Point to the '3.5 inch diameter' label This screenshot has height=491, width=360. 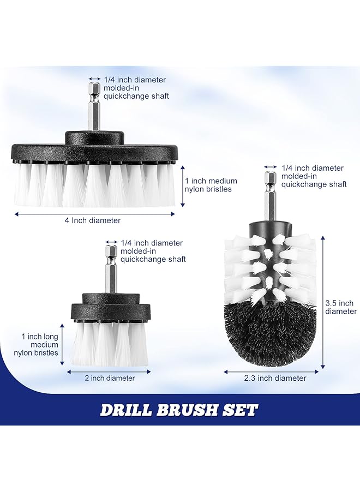pyautogui.click(x=339, y=307)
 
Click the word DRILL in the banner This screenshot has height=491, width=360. pyautogui.click(x=129, y=410)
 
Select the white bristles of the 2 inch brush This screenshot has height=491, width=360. pyautogui.click(x=109, y=344)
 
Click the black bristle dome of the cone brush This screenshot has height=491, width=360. pyautogui.click(x=270, y=327)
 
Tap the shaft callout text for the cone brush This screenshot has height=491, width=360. pyautogui.click(x=314, y=176)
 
